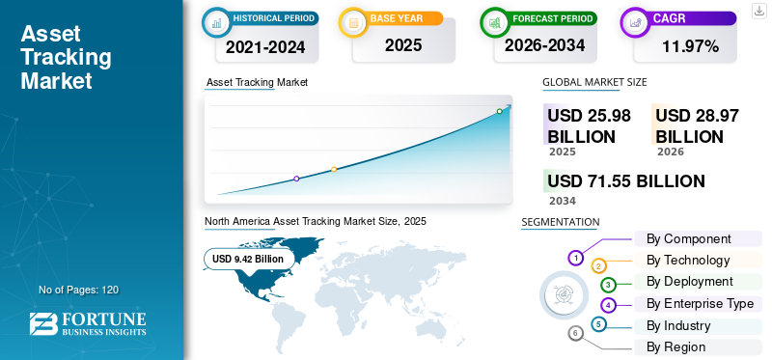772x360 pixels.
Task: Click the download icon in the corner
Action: pyautogui.click(x=758, y=11)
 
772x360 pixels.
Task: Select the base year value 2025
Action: pyautogui.click(x=403, y=45)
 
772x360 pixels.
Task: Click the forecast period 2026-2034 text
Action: pyautogui.click(x=544, y=45)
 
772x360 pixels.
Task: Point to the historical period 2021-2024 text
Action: pyautogui.click(x=265, y=46)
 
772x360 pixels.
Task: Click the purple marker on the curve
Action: pyautogui.click(x=296, y=179)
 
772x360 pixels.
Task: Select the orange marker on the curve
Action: pyautogui.click(x=334, y=170)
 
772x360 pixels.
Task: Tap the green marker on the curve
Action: pyautogui.click(x=499, y=111)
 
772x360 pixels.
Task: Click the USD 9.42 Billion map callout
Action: pyautogui.click(x=248, y=259)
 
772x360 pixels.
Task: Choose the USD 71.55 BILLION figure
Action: pyautogui.click(x=625, y=181)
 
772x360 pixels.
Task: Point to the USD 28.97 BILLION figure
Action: pyautogui.click(x=697, y=125)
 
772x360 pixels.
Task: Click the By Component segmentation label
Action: pyautogui.click(x=688, y=238)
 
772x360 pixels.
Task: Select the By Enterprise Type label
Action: pyautogui.click(x=700, y=303)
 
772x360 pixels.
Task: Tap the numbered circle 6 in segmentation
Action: pyautogui.click(x=574, y=334)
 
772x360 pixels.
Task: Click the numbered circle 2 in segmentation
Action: pyautogui.click(x=598, y=267)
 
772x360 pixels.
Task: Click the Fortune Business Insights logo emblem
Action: pyautogui.click(x=43, y=324)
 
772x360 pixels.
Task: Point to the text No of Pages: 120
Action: pyautogui.click(x=79, y=290)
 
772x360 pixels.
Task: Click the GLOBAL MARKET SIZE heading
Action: pyautogui.click(x=594, y=82)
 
